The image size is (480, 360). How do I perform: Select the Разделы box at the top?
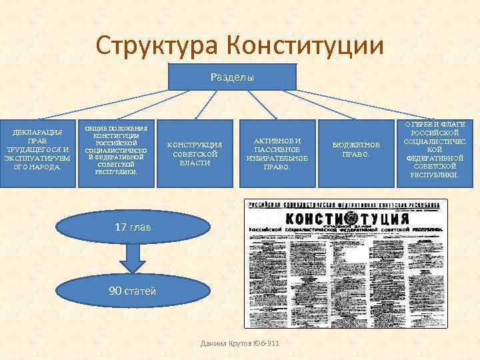point(232,77)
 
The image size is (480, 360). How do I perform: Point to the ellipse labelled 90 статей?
point(133,291)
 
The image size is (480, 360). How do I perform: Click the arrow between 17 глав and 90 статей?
point(133,257)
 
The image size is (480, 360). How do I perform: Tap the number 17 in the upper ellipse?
point(120,227)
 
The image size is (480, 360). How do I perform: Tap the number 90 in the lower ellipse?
point(115,291)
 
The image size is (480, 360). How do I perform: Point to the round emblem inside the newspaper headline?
point(351,219)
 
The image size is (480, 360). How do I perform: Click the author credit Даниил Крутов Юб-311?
point(239,343)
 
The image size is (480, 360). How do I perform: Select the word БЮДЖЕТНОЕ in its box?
point(356,145)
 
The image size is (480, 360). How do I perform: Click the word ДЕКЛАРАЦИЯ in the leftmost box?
point(37,132)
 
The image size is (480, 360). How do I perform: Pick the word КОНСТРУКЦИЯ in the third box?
point(195,145)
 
